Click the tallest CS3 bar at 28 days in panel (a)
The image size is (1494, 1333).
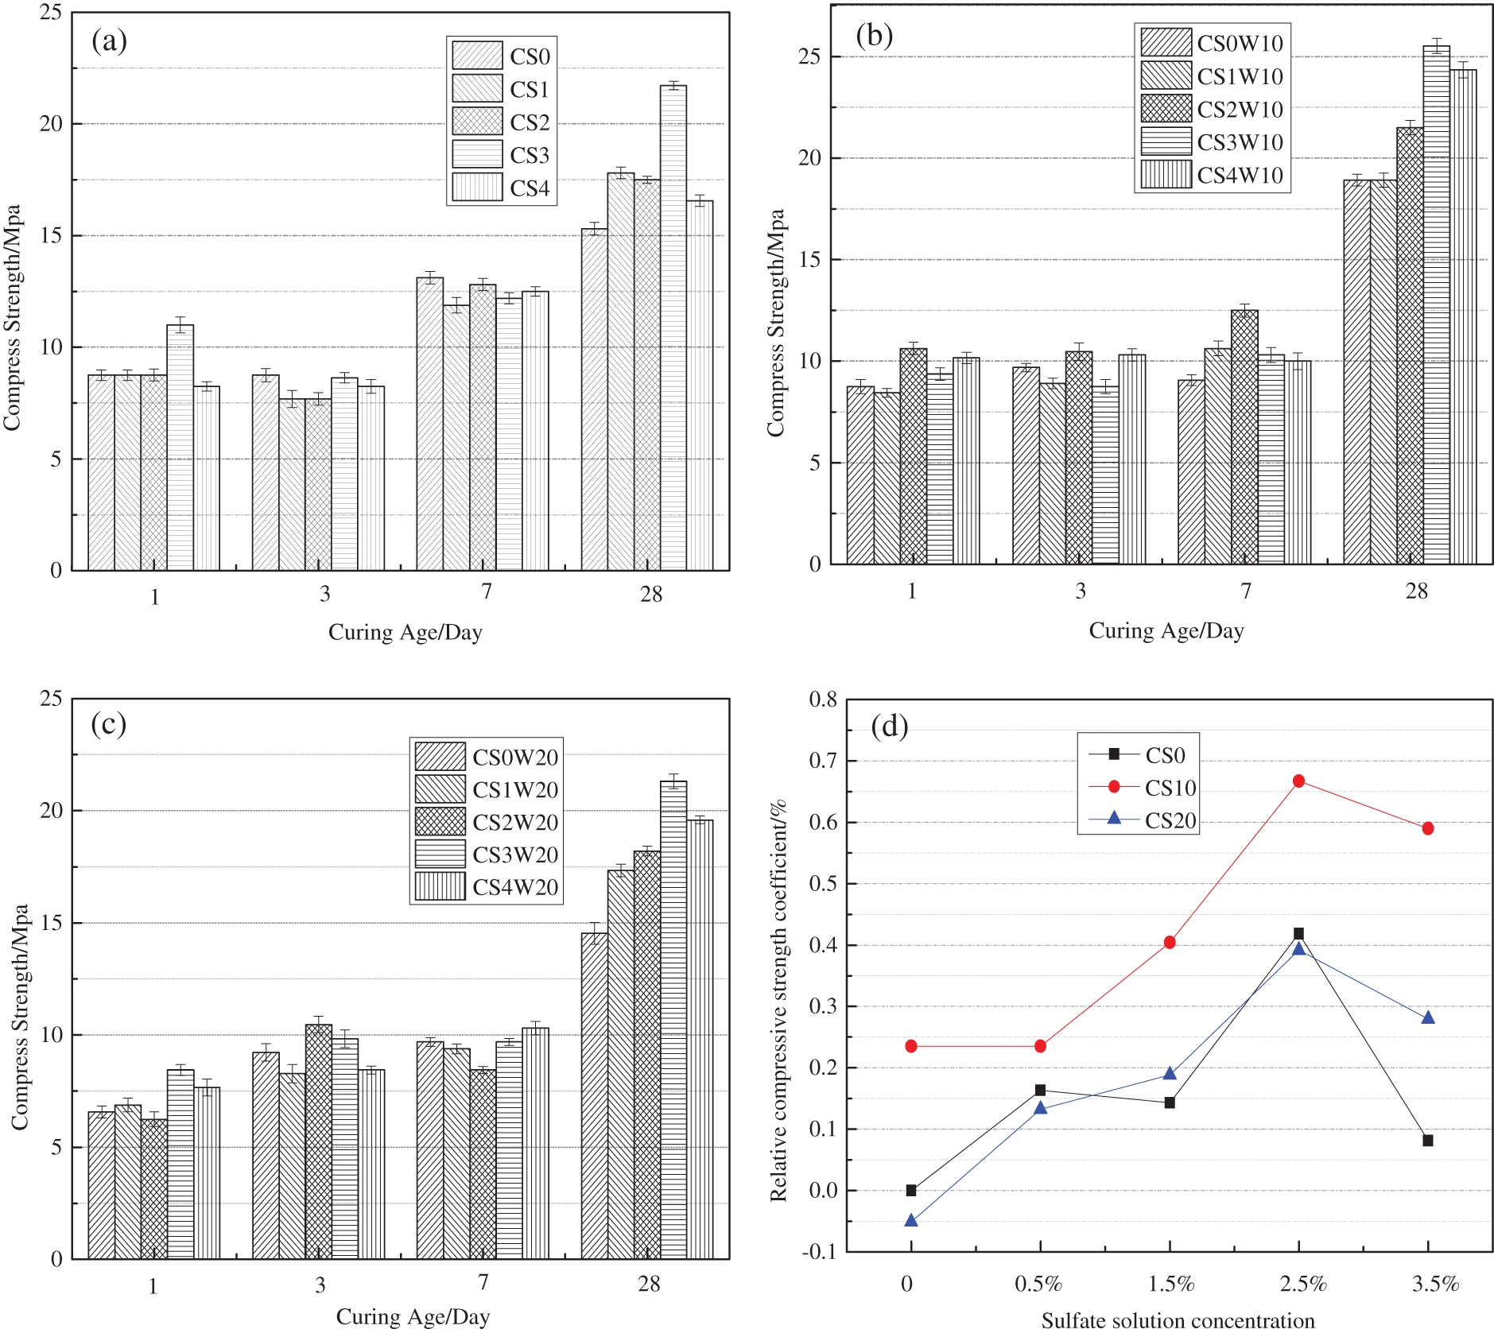click(673, 326)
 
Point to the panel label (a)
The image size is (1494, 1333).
click(109, 41)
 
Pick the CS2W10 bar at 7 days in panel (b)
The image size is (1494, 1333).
click(1244, 436)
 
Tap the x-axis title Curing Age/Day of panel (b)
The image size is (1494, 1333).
click(1166, 630)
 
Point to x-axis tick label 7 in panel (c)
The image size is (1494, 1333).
click(483, 1282)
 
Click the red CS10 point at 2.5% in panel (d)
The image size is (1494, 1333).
click(1298, 781)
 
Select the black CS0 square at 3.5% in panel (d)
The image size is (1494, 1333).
click(1428, 1141)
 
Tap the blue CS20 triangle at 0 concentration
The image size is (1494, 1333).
click(911, 1220)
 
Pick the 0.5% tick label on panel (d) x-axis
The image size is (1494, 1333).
click(1038, 1284)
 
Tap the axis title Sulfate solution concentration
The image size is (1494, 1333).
click(1178, 1320)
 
